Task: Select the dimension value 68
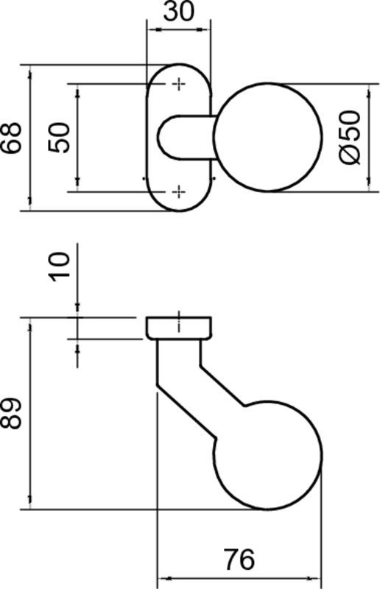click(13, 138)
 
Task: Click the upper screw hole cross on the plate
click(177, 85)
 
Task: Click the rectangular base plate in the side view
click(179, 328)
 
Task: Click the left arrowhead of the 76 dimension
click(164, 578)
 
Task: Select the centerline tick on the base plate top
click(179, 319)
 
